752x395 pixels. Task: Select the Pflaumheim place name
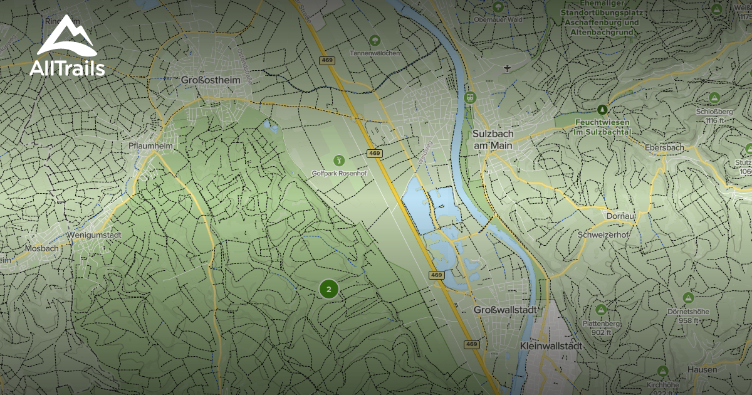point(150,145)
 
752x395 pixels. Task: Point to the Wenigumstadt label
point(96,234)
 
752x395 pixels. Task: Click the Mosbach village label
point(41,248)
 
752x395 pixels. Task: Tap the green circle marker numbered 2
point(329,289)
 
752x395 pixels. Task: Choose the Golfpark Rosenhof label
point(339,173)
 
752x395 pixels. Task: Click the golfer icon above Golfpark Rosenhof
point(339,161)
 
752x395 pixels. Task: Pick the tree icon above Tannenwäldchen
point(375,41)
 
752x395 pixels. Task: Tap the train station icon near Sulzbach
point(469,98)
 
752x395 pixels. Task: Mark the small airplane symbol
point(507,67)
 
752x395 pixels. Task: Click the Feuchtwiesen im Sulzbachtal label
point(602,127)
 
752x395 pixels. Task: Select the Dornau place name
point(622,216)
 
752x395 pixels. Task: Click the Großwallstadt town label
point(506,310)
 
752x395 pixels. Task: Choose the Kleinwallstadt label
point(551,345)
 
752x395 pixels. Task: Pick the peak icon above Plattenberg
point(601,310)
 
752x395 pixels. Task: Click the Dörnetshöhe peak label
point(697,315)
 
